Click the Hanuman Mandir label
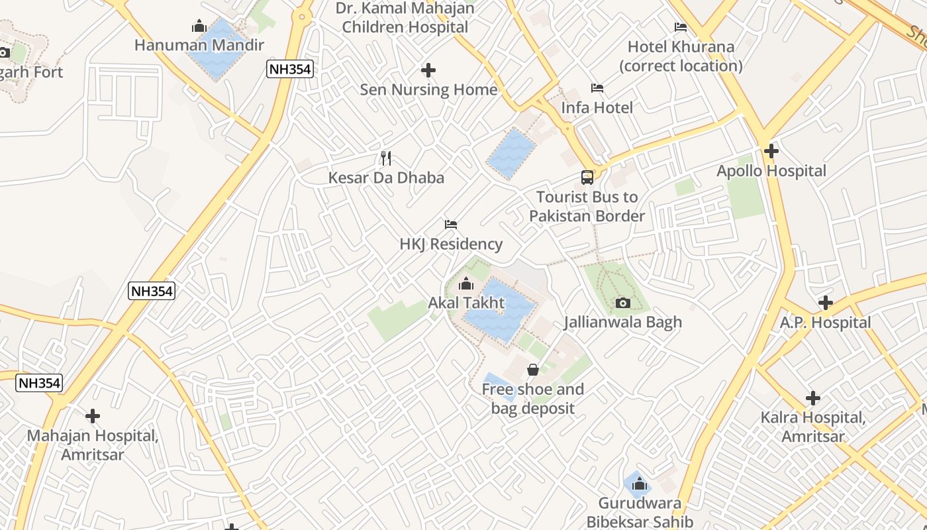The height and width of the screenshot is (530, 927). coord(199,45)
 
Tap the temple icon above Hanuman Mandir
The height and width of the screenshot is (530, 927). coord(199,26)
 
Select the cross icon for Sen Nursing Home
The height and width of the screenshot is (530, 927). coord(428,70)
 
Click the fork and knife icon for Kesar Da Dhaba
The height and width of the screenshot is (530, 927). coord(387,158)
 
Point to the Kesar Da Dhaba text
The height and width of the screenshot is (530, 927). coord(386,178)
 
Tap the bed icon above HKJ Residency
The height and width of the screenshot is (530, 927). coord(451,225)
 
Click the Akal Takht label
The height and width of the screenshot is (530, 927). coord(466,303)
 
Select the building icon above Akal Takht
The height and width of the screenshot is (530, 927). coord(466,284)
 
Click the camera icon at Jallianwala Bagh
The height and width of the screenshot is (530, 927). coord(622,303)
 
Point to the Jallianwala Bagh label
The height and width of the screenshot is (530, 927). coord(622,322)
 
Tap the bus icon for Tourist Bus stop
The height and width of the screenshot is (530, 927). coord(587,178)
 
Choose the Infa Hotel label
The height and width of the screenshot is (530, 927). coord(597,107)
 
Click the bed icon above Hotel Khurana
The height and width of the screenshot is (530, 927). coord(680,27)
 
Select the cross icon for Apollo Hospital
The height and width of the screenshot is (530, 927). coord(771,151)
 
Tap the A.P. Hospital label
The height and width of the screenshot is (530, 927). coord(825,323)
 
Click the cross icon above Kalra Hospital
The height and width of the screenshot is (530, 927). coord(812,398)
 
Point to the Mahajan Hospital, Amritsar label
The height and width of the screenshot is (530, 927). coord(93,445)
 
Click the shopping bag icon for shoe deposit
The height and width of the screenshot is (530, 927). coord(532,370)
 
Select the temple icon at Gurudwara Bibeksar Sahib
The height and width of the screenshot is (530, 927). coord(639,484)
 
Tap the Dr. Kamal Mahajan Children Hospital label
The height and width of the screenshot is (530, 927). coord(405,18)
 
